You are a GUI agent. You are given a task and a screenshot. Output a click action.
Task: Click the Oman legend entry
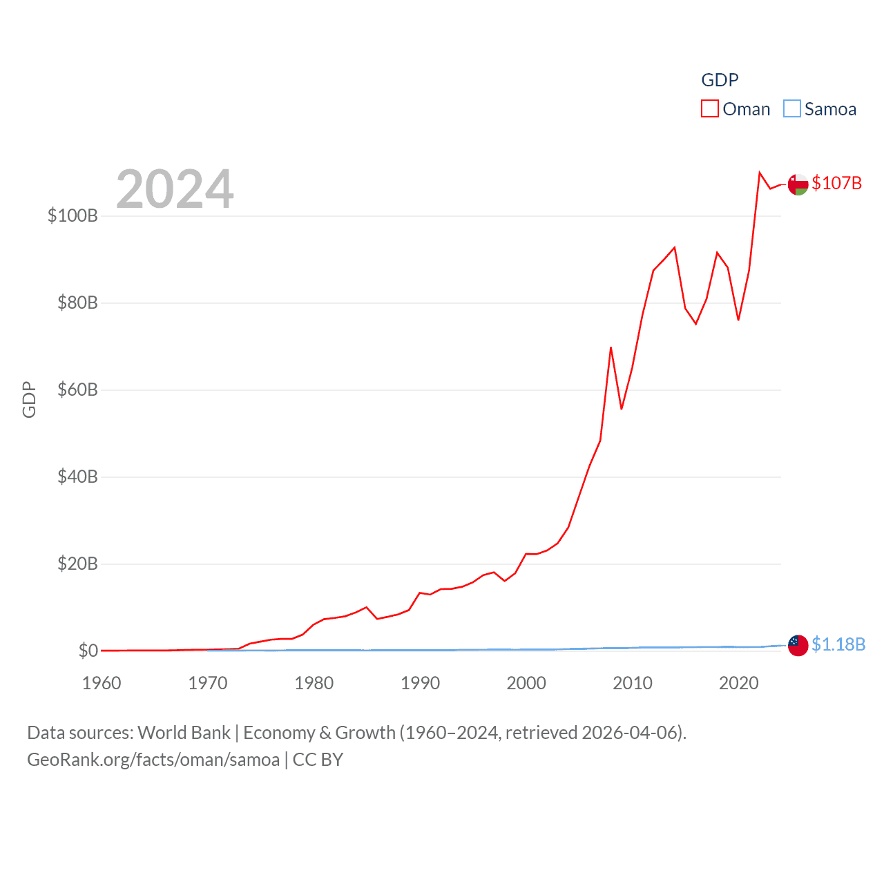[x=736, y=109]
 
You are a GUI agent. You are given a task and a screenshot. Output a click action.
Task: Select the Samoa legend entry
[x=820, y=109]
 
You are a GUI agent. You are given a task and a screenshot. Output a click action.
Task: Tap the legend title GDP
[x=720, y=80]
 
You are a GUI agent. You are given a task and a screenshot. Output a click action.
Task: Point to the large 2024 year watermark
[x=175, y=189]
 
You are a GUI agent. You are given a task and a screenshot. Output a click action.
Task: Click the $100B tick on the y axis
[x=73, y=215]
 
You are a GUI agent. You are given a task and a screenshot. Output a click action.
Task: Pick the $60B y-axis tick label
[x=77, y=390]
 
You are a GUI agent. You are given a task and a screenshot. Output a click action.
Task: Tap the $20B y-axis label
[x=77, y=564]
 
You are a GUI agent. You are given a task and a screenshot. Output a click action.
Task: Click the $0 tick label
[x=88, y=651]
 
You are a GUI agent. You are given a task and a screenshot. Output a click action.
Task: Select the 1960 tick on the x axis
[x=102, y=683]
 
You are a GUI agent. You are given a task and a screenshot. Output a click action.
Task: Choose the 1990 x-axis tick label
[x=420, y=683]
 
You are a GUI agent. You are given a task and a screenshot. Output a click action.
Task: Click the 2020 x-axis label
[x=739, y=683]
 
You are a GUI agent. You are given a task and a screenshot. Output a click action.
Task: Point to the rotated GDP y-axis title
[x=29, y=399]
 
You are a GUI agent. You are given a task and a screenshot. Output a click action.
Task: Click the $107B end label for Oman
[x=836, y=183]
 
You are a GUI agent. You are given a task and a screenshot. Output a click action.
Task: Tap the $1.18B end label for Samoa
[x=838, y=644]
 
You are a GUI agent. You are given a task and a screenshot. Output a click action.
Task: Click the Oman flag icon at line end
[x=798, y=184]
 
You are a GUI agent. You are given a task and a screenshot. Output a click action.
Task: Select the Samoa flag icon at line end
[x=798, y=645]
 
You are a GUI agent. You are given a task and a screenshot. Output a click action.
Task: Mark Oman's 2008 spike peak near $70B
[x=611, y=347]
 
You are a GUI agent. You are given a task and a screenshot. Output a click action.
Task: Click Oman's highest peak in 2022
[x=760, y=173]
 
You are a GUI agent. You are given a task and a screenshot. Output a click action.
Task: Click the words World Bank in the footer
[x=184, y=732]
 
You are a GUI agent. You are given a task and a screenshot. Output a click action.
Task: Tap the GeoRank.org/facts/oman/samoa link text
[x=153, y=760]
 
